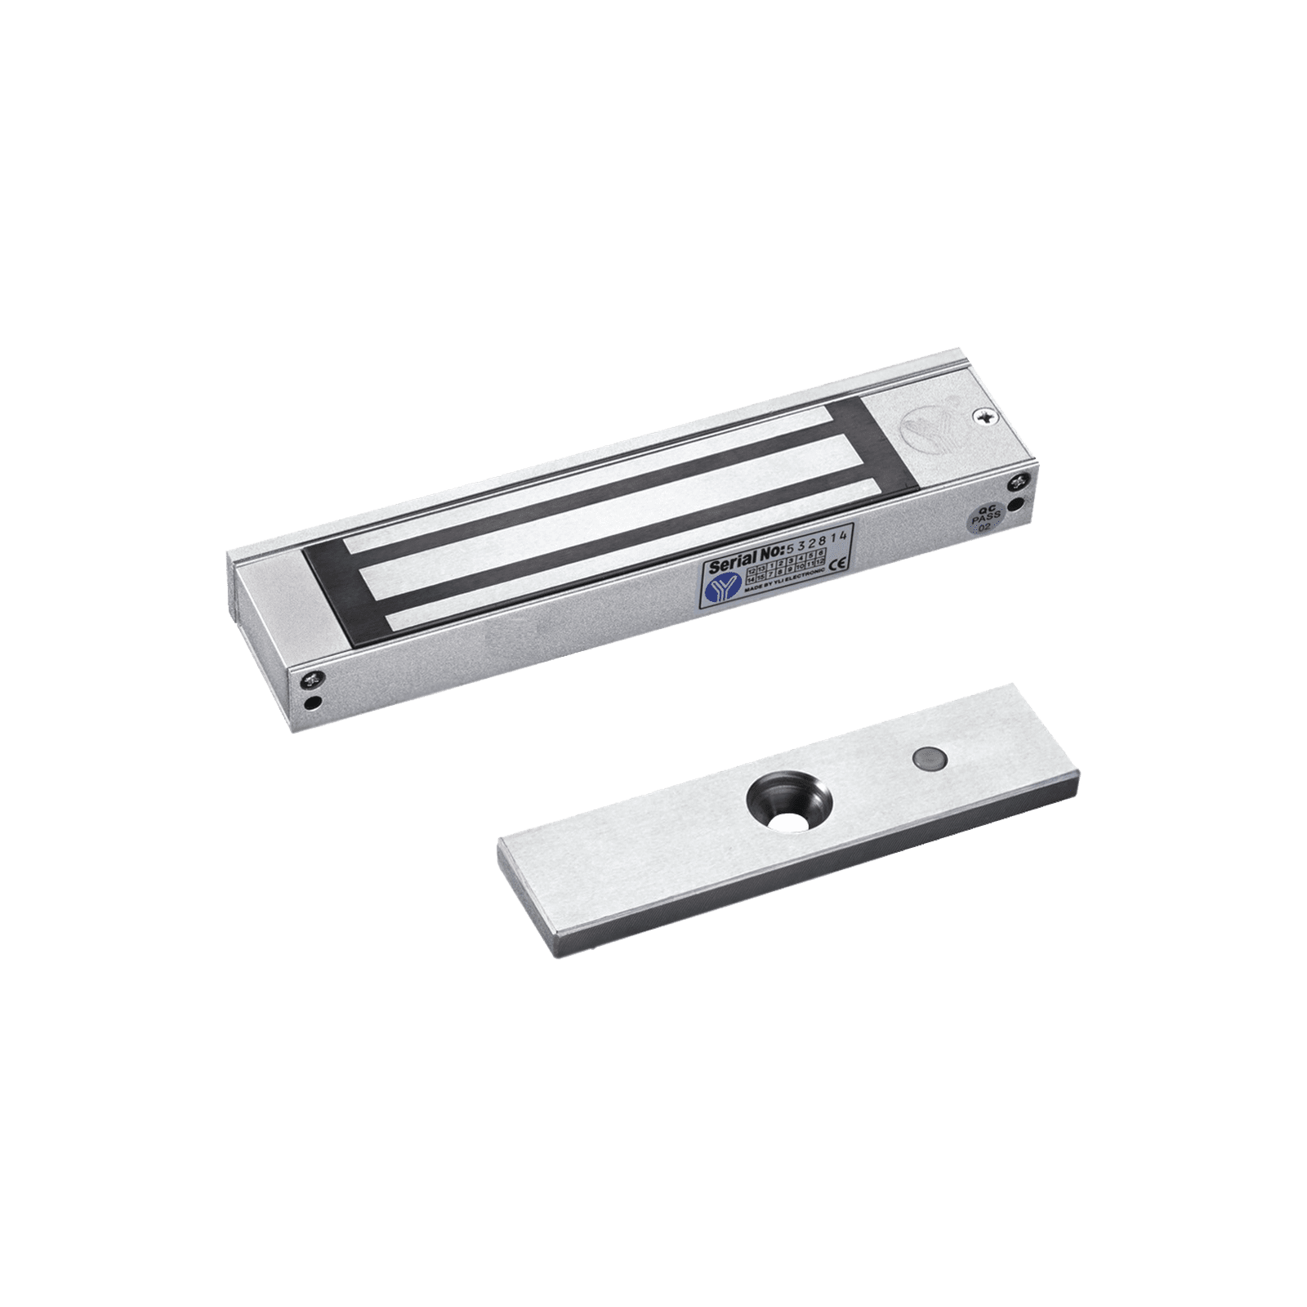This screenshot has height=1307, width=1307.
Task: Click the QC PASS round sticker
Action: (980, 520)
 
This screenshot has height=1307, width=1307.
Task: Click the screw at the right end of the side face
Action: (1018, 481)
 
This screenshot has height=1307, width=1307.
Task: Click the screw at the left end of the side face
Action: (314, 677)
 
